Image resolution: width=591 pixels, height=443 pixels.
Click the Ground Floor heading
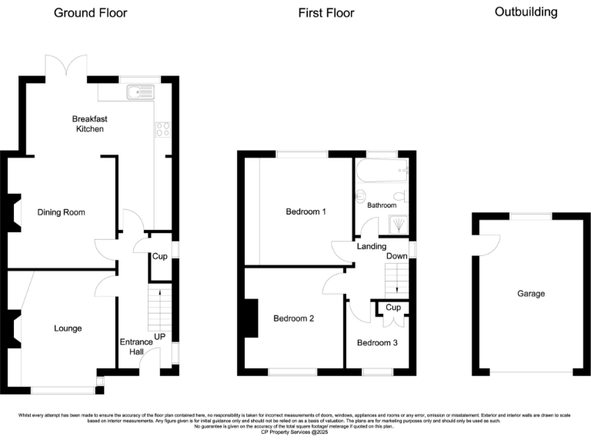point(91,13)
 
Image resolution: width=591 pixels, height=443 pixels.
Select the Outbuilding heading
point(526,12)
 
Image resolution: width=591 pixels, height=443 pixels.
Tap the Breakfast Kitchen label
point(88,124)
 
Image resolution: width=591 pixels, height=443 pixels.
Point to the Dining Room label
point(61,212)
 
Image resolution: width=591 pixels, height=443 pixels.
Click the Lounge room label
point(68,328)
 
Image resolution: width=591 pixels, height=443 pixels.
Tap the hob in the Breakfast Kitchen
point(162,130)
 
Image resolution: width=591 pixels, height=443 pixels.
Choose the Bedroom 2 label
point(293,318)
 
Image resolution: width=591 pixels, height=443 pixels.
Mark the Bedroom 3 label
point(377,342)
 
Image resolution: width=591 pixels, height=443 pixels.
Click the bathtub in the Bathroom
point(382,171)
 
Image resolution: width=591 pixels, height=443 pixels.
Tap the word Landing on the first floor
point(370,246)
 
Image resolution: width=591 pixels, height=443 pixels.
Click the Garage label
point(530,294)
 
